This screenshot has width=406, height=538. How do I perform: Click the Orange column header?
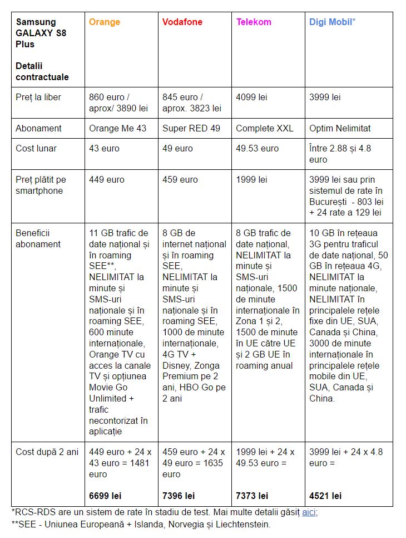pyautogui.click(x=105, y=22)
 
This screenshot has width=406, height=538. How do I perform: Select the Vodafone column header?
pyautogui.click(x=182, y=22)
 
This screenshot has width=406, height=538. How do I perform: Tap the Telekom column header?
pyautogui.click(x=254, y=22)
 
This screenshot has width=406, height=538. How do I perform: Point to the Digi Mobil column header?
pyautogui.click(x=332, y=22)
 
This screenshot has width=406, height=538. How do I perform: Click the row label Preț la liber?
pyautogui.click(x=38, y=97)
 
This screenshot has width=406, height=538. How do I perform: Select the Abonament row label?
pyautogui.click(x=38, y=128)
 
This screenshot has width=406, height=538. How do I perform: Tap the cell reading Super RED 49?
pyautogui.click(x=191, y=128)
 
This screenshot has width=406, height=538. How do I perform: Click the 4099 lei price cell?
pyautogui.click(x=251, y=97)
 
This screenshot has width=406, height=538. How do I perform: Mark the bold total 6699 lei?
pyautogui.click(x=105, y=496)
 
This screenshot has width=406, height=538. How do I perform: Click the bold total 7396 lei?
pyautogui.click(x=179, y=496)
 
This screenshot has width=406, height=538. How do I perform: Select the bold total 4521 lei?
pyautogui.click(x=325, y=496)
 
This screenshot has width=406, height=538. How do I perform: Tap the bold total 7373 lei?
pyautogui.click(x=252, y=496)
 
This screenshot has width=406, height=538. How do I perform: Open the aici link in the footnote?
pyautogui.click(x=309, y=512)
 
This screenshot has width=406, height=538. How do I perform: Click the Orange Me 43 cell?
pyautogui.click(x=118, y=128)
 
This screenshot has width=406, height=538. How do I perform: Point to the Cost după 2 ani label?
pyautogui.click(x=47, y=452)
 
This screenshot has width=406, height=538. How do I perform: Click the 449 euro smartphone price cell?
pyautogui.click(x=107, y=180)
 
